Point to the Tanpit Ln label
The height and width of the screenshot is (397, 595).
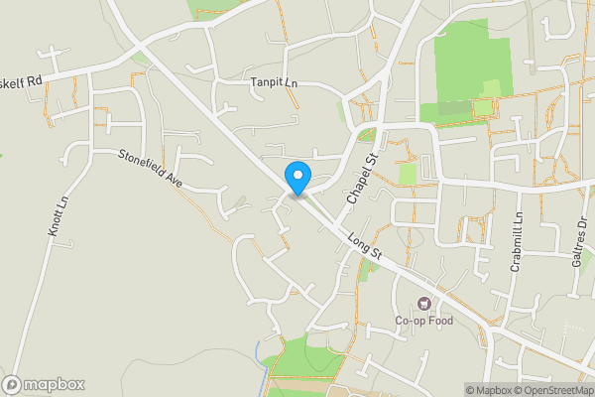[x=275, y=84]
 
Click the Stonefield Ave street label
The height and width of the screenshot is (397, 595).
[x=152, y=169]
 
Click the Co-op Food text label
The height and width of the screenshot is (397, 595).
[x=425, y=321]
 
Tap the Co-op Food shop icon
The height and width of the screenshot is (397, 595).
[x=425, y=303]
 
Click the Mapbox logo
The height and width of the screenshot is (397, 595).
[x=44, y=384]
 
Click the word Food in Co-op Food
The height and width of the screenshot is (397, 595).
[x=440, y=321]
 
